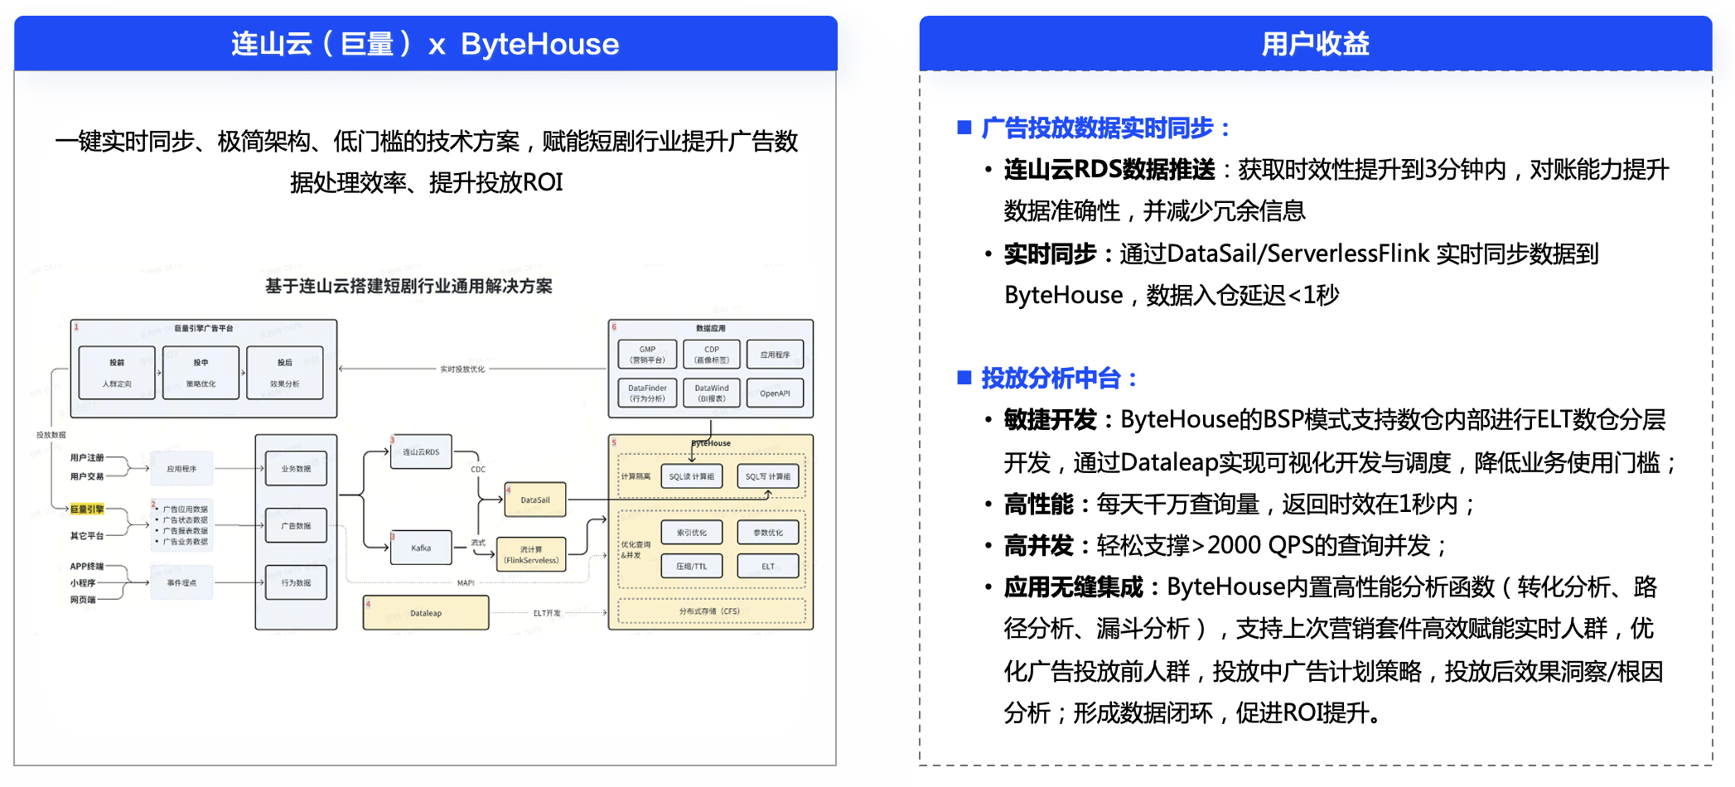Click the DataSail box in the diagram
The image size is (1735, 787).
(x=535, y=500)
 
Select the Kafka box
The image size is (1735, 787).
(x=421, y=548)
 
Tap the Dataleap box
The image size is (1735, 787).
(x=426, y=613)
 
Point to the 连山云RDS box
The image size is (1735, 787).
(x=421, y=451)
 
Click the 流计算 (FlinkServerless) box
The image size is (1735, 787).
(x=531, y=554)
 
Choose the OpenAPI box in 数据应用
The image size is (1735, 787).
(x=775, y=393)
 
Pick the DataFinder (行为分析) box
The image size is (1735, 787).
(x=647, y=393)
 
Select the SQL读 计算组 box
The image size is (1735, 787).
(x=692, y=476)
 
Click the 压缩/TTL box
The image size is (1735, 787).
(x=692, y=567)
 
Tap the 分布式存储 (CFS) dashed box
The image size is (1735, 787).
(x=711, y=611)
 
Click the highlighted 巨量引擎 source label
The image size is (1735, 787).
(x=87, y=509)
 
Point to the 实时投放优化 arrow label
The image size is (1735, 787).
(x=462, y=369)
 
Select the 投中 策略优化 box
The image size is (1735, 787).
(x=201, y=373)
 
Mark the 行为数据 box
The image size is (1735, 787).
(x=296, y=582)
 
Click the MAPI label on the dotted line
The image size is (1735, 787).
(x=466, y=583)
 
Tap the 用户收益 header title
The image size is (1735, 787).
(x=1315, y=44)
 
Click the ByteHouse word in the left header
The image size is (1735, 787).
(x=539, y=44)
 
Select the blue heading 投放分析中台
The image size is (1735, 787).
(x=1050, y=379)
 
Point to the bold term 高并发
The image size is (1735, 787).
(x=1038, y=546)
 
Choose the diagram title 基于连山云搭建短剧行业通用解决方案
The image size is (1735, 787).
(x=408, y=287)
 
